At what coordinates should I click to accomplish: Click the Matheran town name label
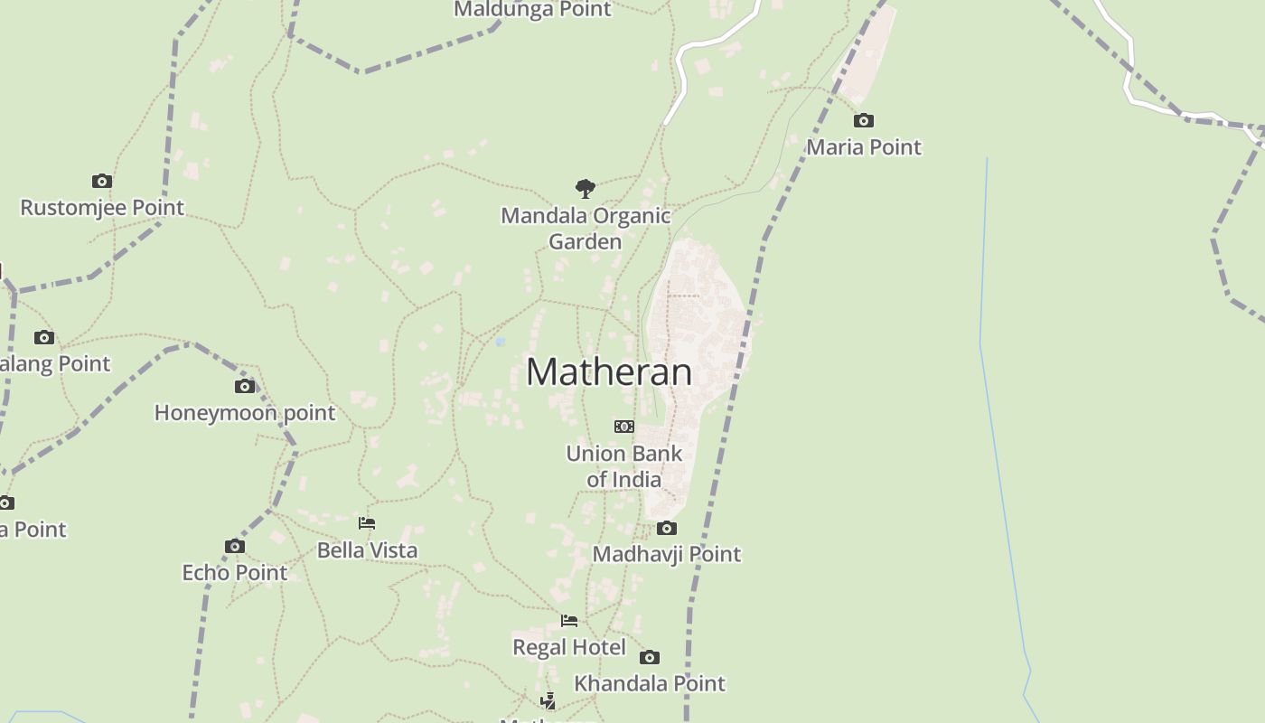pyautogui.click(x=609, y=372)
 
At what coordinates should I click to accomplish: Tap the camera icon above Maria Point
pyautogui.click(x=864, y=120)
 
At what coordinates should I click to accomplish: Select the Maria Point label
pyautogui.click(x=864, y=146)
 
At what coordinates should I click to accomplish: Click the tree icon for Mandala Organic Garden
pyautogui.click(x=586, y=189)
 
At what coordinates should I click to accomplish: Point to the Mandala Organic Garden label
pyautogui.click(x=586, y=229)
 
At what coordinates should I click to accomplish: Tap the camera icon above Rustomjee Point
pyautogui.click(x=102, y=182)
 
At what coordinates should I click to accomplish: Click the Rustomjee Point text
pyautogui.click(x=102, y=208)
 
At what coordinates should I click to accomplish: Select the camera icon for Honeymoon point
pyautogui.click(x=245, y=387)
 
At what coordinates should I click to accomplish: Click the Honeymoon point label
pyautogui.click(x=245, y=413)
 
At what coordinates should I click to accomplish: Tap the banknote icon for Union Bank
pyautogui.click(x=624, y=427)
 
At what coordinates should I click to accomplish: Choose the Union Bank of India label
pyautogui.click(x=624, y=466)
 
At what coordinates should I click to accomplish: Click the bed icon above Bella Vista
pyautogui.click(x=367, y=523)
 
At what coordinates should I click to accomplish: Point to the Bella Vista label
pyautogui.click(x=367, y=550)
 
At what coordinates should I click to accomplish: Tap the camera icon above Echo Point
pyautogui.click(x=235, y=547)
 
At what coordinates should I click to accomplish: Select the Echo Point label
pyautogui.click(x=235, y=573)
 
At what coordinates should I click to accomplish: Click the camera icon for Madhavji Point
pyautogui.click(x=667, y=529)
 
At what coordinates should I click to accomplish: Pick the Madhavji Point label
pyautogui.click(x=667, y=554)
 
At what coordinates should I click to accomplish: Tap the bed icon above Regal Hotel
pyautogui.click(x=569, y=621)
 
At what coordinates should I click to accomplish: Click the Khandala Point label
pyautogui.click(x=650, y=683)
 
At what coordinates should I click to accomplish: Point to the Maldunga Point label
pyautogui.click(x=533, y=10)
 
